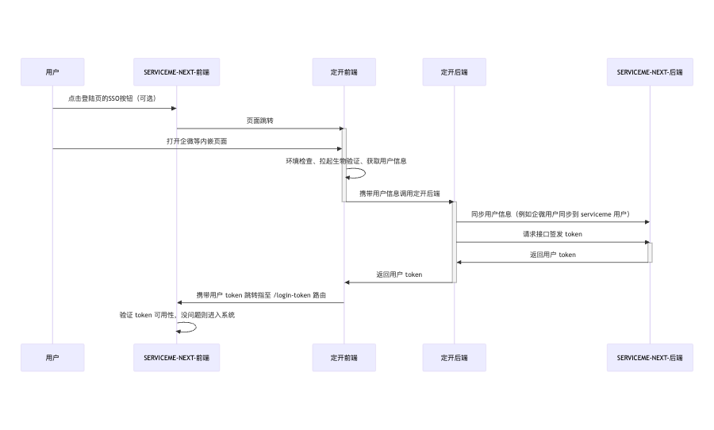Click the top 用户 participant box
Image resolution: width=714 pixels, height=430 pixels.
pyautogui.click(x=52, y=72)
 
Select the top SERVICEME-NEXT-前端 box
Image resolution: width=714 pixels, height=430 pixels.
pyautogui.click(x=176, y=72)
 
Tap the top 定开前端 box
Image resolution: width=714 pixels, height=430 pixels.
pyautogui.click(x=344, y=72)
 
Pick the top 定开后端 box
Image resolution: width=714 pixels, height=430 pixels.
pyautogui.click(x=454, y=72)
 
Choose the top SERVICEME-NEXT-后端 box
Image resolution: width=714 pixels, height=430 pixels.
pyautogui.click(x=649, y=72)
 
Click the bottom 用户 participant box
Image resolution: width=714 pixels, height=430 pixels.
pyautogui.click(x=52, y=358)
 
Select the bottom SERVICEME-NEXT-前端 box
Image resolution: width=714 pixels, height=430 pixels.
pyautogui.click(x=176, y=358)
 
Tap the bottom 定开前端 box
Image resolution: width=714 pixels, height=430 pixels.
pyautogui.click(x=344, y=358)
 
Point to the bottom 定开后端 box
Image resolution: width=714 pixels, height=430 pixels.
pyautogui.click(x=454, y=358)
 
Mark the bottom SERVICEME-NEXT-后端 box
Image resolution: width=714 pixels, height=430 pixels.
pyautogui.click(x=649, y=358)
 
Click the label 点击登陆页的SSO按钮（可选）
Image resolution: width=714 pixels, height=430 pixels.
pyautogui.click(x=112, y=99)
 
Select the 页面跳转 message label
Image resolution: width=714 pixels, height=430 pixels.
pyautogui.click(x=260, y=120)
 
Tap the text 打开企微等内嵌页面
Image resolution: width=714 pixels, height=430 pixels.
pyautogui.click(x=198, y=140)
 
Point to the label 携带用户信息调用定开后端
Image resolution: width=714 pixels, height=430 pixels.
pyautogui.click(x=399, y=194)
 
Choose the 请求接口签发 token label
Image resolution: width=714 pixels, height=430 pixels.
pyautogui.click(x=552, y=234)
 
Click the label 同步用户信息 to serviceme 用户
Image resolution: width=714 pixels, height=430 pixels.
pyautogui.click(x=550, y=214)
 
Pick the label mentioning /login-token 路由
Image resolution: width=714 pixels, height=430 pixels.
pyautogui.click(x=261, y=295)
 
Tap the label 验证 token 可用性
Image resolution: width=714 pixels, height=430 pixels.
pyautogui.click(x=177, y=315)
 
